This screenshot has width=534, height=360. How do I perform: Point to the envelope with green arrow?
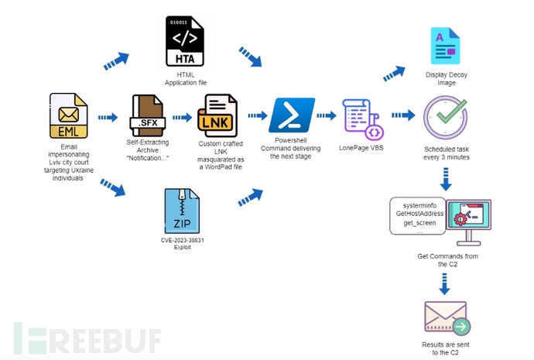(x=446, y=318)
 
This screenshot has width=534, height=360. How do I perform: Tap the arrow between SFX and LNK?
(x=183, y=118)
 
